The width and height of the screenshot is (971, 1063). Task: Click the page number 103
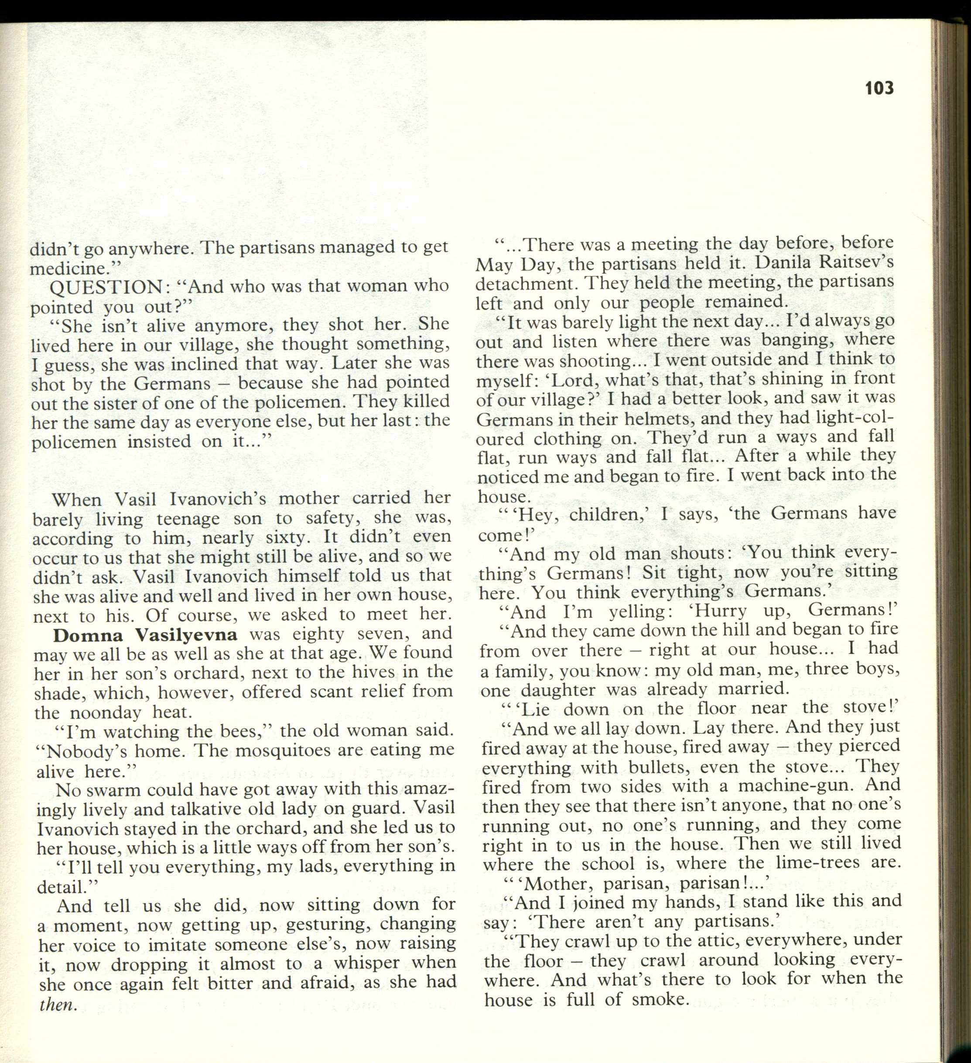[x=879, y=88]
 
